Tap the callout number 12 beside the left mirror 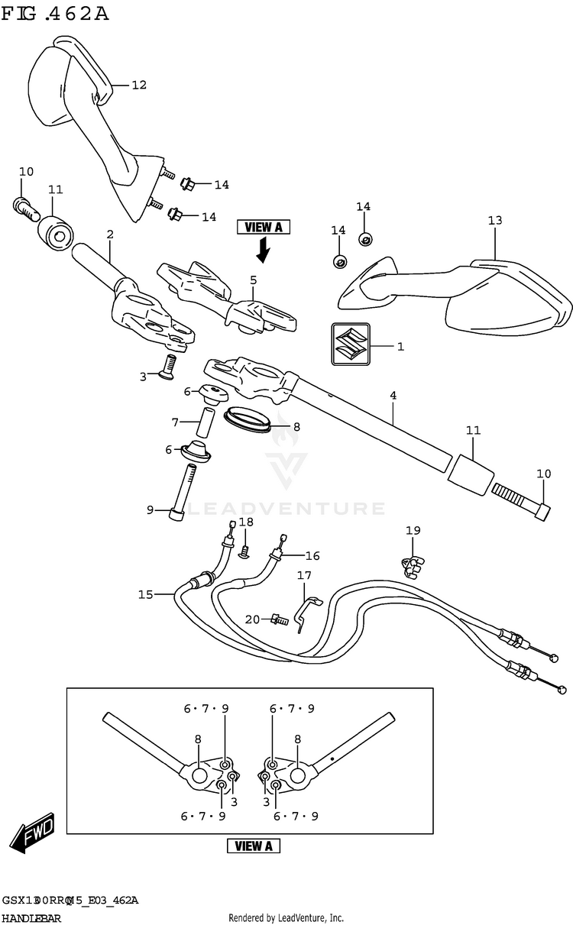click(x=138, y=85)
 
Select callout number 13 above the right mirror click(x=495, y=221)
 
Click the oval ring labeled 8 click(x=248, y=419)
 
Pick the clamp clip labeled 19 click(x=413, y=564)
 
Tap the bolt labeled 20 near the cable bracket click(x=279, y=620)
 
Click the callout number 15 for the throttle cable click(x=145, y=594)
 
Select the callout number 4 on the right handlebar click(x=393, y=395)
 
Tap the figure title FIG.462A click(x=54, y=13)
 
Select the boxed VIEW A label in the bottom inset click(x=254, y=846)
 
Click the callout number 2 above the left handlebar click(x=110, y=234)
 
